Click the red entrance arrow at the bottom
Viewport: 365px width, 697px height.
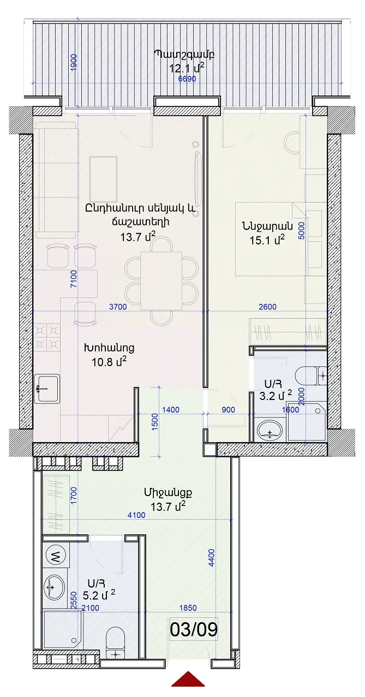(x=188, y=687)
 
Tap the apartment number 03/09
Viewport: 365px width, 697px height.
(x=194, y=629)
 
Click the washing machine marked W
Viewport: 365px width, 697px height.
(x=56, y=556)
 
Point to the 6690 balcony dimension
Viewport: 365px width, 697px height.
(x=187, y=79)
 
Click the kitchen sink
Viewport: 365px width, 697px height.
(x=46, y=389)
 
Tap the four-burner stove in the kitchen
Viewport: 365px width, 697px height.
(x=46, y=337)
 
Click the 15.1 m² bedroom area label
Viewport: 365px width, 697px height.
(x=267, y=240)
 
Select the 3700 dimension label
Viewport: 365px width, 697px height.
(x=118, y=307)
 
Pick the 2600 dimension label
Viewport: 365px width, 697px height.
(x=268, y=307)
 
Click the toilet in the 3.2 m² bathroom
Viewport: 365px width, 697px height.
(x=310, y=376)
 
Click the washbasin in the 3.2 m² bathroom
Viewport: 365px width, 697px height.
(x=270, y=431)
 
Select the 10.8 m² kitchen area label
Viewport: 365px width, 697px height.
(x=109, y=361)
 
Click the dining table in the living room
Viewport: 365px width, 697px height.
(x=161, y=281)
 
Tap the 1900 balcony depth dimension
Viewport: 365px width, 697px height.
(x=74, y=63)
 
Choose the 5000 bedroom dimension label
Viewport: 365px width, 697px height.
(x=301, y=230)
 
